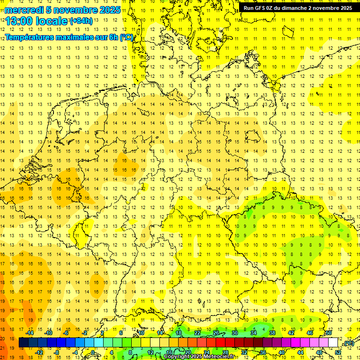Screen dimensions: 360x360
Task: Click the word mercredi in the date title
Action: coord(24,10)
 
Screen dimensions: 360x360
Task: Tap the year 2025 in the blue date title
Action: coord(108,10)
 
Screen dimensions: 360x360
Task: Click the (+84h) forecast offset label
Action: coord(81,21)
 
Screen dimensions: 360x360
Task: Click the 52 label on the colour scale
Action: coord(338,352)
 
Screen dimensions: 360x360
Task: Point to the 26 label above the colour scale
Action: coord(216,333)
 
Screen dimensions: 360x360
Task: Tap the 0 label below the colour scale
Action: coord(94,352)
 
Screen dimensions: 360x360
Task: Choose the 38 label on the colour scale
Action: coord(272,333)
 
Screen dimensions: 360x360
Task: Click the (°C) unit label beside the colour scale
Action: coord(349,343)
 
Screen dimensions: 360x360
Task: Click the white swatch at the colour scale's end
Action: coord(333,343)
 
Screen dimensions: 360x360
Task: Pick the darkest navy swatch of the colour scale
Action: coord(23,343)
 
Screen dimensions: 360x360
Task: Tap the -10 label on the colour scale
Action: coord(48,333)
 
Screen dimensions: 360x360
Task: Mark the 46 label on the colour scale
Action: coord(309,333)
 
